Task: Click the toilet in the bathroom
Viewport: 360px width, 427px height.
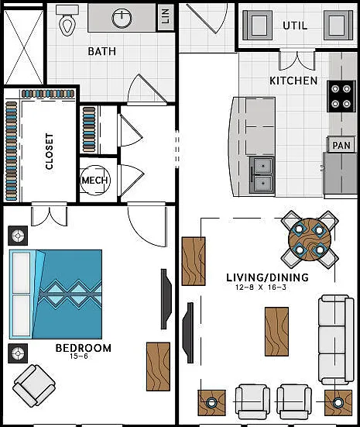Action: (x=67, y=20)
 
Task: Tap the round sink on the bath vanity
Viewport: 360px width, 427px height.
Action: (x=122, y=19)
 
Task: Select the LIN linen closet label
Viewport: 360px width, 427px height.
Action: (x=166, y=16)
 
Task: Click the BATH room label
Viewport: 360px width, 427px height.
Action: (x=102, y=51)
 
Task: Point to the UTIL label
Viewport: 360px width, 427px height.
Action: (x=295, y=26)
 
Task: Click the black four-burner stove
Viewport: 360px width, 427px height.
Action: (x=341, y=96)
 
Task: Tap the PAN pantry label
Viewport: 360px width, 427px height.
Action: (x=341, y=146)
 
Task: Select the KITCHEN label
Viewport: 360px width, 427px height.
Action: (x=293, y=81)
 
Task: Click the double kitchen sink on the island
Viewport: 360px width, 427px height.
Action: (x=262, y=175)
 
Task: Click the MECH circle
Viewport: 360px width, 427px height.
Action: (x=95, y=180)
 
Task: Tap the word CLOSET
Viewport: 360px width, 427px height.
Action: (x=49, y=151)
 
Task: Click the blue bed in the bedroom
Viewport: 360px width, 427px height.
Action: (x=56, y=294)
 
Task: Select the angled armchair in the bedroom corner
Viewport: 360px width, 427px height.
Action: (x=34, y=385)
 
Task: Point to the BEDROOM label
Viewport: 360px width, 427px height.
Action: (x=84, y=348)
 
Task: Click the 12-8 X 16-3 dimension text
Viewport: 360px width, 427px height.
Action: (x=261, y=288)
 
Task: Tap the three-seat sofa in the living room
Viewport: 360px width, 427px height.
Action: (x=336, y=339)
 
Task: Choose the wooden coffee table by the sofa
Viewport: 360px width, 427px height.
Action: (x=276, y=332)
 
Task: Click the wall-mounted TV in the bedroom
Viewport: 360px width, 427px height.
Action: (x=166, y=299)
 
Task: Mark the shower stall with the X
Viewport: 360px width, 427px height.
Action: (x=24, y=47)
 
